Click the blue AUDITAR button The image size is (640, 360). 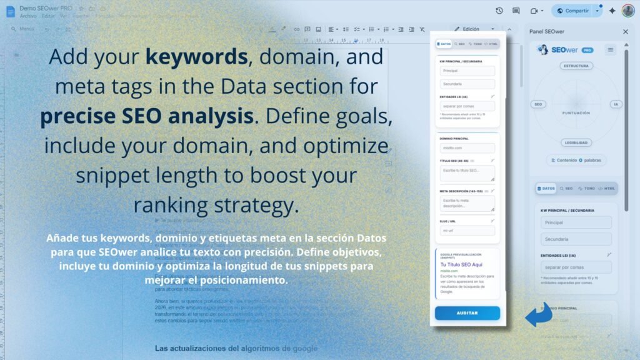coord(467,313)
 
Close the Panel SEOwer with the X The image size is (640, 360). coord(626,31)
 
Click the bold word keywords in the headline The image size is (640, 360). coord(197,57)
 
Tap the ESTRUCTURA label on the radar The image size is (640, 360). coord(576,66)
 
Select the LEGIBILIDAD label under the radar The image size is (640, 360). coord(576,142)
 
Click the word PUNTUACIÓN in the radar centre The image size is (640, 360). coord(576,113)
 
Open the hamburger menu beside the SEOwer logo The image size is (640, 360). coord(611,49)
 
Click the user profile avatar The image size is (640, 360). coord(627,11)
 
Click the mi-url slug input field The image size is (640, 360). coord(467,230)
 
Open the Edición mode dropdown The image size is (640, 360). coord(476,29)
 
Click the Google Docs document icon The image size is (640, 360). coord(9,11)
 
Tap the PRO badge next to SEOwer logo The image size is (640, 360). coord(587,50)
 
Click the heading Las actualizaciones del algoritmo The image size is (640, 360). coord(236,348)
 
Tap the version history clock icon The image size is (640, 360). coord(499,11)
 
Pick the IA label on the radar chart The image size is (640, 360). coord(616,104)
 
